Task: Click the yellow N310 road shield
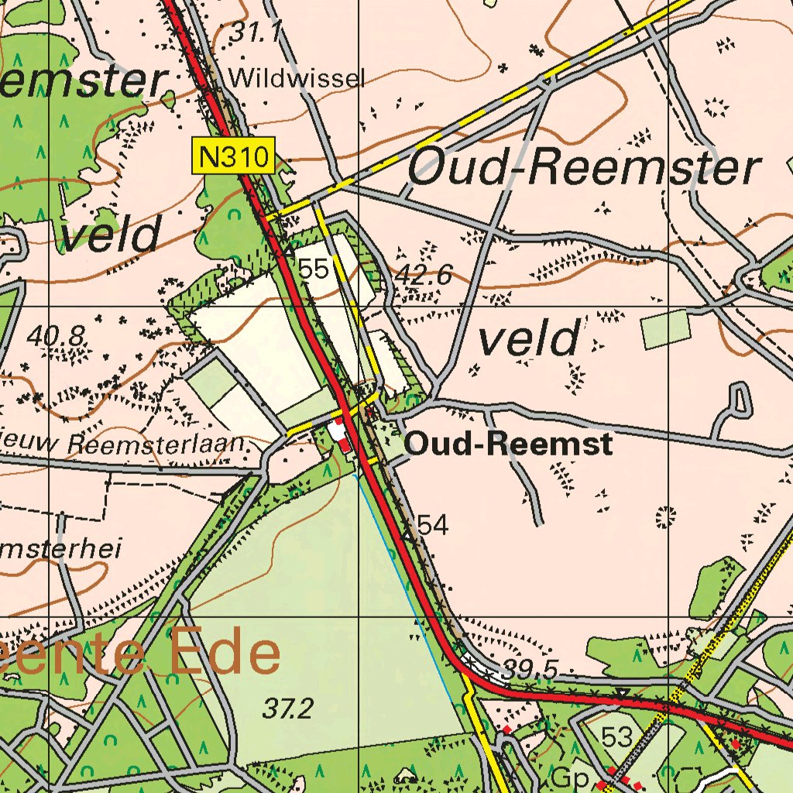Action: pyautogui.click(x=233, y=157)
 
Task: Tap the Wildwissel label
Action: pyautogui.click(x=297, y=77)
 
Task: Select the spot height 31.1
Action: pyautogui.click(x=255, y=32)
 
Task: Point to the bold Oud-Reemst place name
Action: pyautogui.click(x=509, y=445)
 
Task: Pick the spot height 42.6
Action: pyautogui.click(x=424, y=274)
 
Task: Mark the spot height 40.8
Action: pyautogui.click(x=55, y=335)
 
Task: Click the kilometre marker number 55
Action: pyautogui.click(x=314, y=269)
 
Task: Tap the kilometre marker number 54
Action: pyautogui.click(x=432, y=525)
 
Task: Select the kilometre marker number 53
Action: pyautogui.click(x=617, y=737)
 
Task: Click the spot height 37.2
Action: pyautogui.click(x=287, y=708)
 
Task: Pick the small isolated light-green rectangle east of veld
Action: pyautogui.click(x=665, y=328)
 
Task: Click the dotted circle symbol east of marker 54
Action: pyautogui.click(x=664, y=517)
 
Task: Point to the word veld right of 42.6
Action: pyautogui.click(x=529, y=340)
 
